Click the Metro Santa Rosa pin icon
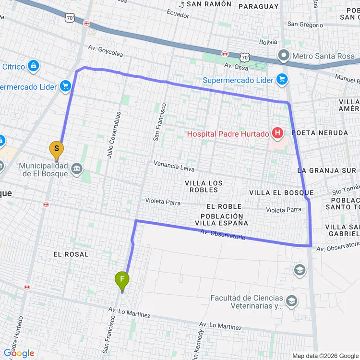click(x=284, y=56)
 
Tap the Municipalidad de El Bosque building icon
click(x=76, y=169)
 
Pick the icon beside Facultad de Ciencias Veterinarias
click(x=291, y=301)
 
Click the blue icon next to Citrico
click(x=33, y=66)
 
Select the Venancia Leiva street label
click(x=174, y=166)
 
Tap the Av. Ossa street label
click(x=235, y=66)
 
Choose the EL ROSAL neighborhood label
click(x=71, y=254)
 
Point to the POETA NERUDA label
click(x=319, y=132)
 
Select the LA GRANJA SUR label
click(x=326, y=170)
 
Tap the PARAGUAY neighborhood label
click(x=258, y=6)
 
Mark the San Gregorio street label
click(x=305, y=24)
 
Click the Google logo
click(x=19, y=353)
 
